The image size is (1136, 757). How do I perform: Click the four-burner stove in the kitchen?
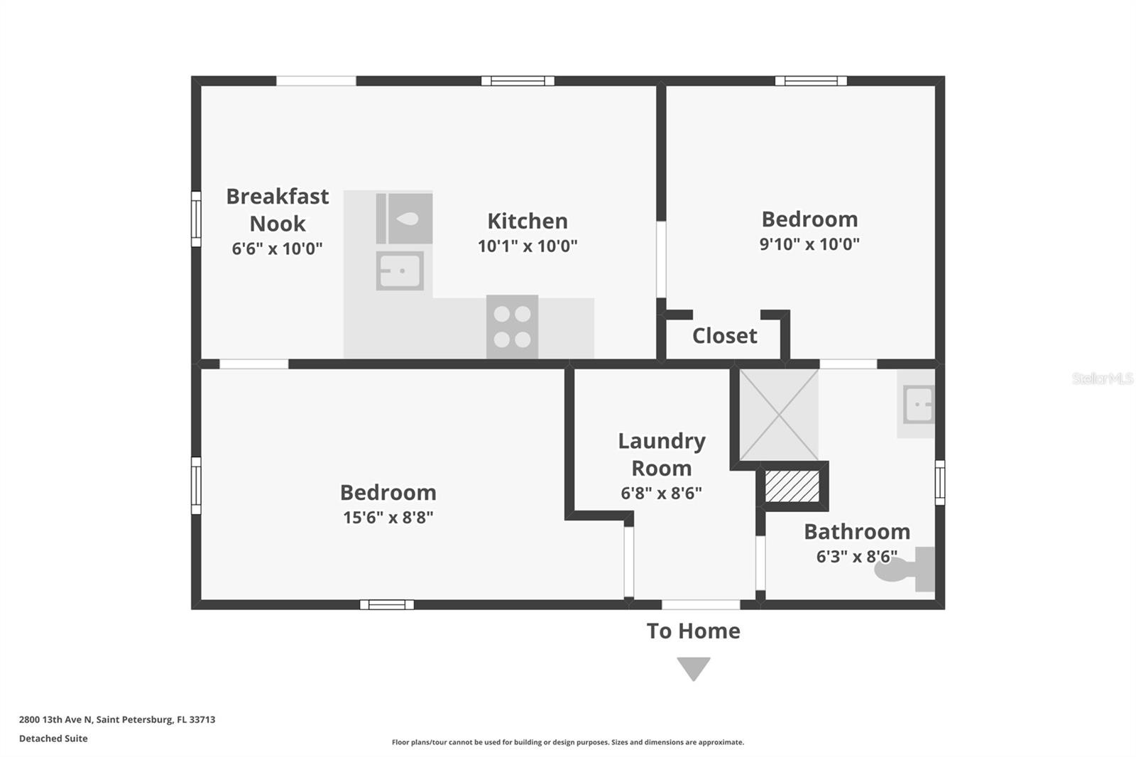pyautogui.click(x=512, y=327)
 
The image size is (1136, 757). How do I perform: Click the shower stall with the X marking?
pyautogui.click(x=779, y=414)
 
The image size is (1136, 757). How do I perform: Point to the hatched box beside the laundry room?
pyautogui.click(x=792, y=486)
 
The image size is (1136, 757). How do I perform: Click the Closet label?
pyautogui.click(x=724, y=336)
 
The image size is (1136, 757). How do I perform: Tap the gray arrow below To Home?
pyautogui.click(x=694, y=668)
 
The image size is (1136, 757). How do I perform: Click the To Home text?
pyautogui.click(x=693, y=631)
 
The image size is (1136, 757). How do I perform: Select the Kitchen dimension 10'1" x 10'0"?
pyautogui.click(x=528, y=246)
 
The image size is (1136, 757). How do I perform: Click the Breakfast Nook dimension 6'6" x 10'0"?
pyautogui.click(x=277, y=249)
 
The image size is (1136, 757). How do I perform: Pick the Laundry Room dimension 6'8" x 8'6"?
pyautogui.click(x=661, y=493)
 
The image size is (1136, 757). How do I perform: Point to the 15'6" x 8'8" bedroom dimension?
pyautogui.click(x=388, y=517)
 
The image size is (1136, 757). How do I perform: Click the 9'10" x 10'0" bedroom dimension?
pyautogui.click(x=809, y=244)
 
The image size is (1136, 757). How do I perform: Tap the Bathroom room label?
pyautogui.click(x=856, y=531)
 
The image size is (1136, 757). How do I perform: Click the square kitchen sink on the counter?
pyautogui.click(x=400, y=271)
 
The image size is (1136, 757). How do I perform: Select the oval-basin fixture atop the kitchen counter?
pyautogui.click(x=404, y=219)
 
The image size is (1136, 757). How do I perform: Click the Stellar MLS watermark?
pyautogui.click(x=1102, y=378)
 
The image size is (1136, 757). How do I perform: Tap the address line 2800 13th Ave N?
pyautogui.click(x=117, y=719)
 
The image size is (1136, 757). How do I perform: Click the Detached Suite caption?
pyautogui.click(x=53, y=739)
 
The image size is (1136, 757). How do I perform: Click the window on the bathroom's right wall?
pyautogui.click(x=939, y=482)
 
